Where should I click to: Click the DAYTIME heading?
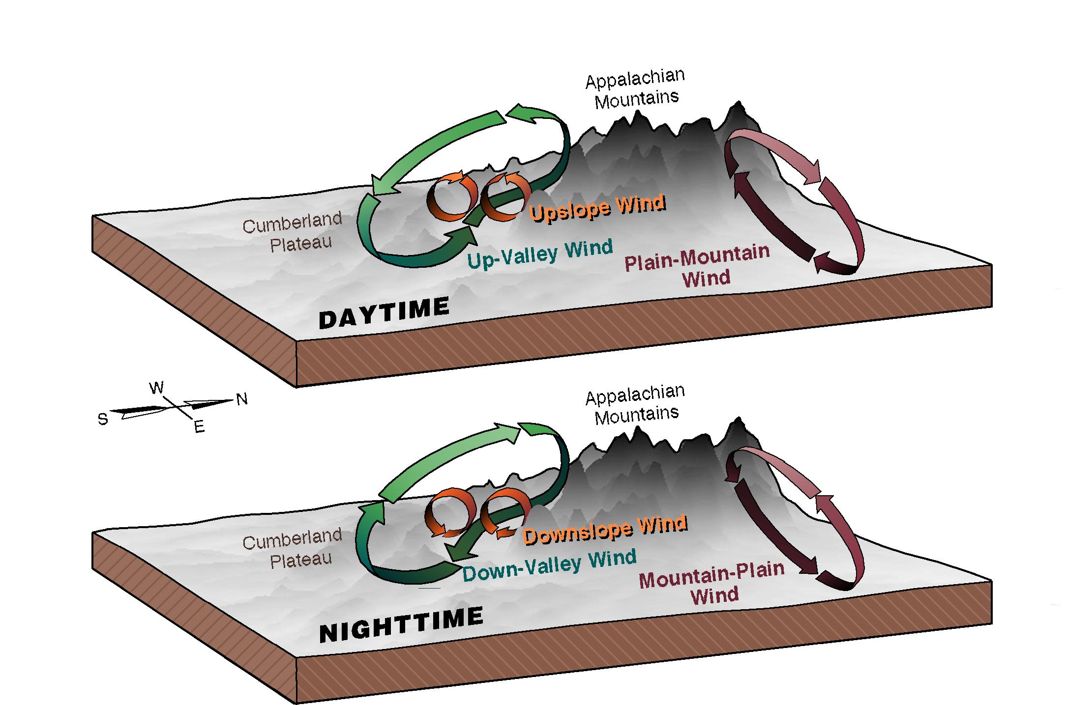384,312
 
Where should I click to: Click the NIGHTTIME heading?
401,625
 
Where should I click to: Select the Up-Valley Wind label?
540,254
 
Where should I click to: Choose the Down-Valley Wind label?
550,565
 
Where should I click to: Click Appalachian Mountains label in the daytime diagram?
635,89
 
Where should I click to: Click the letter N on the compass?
242,399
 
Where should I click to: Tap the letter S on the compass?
103,419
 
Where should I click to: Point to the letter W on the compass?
156,388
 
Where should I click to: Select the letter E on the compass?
199,427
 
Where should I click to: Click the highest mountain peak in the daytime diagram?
737,103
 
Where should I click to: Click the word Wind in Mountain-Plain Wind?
714,595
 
